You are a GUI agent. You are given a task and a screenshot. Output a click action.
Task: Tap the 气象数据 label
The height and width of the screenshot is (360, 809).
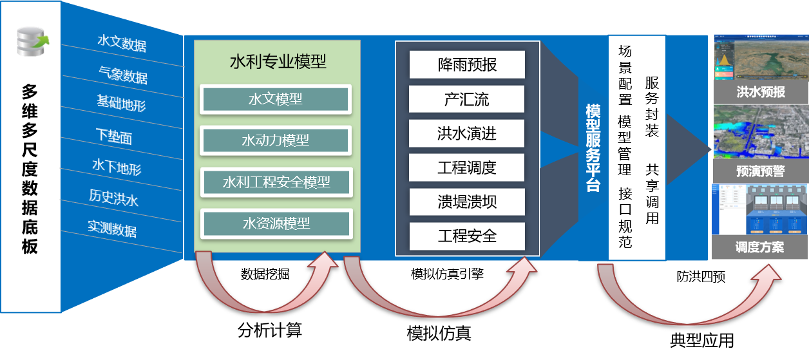point(123,75)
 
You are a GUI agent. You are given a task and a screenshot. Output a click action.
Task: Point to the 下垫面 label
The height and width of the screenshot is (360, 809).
point(114,136)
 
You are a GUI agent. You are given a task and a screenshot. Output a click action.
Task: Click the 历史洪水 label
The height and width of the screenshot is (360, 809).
point(113,197)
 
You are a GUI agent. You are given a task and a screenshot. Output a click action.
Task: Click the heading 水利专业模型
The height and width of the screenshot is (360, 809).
point(278,62)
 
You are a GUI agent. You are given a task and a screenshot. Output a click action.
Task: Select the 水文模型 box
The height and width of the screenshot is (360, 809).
point(276,100)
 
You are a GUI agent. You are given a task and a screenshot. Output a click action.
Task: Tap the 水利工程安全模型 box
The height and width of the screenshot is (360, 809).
point(276,182)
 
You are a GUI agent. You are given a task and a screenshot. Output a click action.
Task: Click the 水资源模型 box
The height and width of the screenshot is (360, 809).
point(276,223)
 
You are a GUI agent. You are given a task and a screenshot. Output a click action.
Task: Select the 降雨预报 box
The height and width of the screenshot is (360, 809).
point(467,65)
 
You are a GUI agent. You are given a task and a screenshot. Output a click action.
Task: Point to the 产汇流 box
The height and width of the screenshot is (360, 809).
point(467,99)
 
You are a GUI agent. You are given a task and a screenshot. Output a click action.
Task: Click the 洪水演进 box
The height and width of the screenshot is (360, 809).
point(467,134)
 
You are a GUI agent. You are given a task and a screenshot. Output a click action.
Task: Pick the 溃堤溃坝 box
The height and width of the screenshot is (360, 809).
point(467,202)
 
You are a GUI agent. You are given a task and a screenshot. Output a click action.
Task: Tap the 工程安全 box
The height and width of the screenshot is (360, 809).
point(467,236)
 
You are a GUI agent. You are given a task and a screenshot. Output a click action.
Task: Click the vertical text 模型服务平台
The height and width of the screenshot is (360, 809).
point(593,148)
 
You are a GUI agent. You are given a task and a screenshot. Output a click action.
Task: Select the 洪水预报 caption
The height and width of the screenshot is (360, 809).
point(761,92)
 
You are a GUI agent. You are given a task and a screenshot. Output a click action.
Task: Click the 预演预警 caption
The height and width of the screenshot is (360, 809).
point(761,171)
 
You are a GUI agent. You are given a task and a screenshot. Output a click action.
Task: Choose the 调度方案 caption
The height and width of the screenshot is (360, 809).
point(761,247)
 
